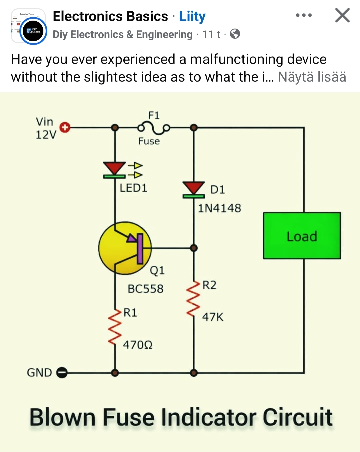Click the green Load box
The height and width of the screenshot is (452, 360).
(302, 236)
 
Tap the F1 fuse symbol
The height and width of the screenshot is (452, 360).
(154, 128)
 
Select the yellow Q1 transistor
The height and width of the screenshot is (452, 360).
(125, 248)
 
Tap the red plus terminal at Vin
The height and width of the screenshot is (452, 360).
(65, 127)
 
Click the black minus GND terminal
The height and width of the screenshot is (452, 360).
(62, 372)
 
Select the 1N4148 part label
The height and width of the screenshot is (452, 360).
(219, 208)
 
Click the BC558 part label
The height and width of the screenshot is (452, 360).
(146, 288)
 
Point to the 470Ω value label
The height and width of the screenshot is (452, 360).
(138, 345)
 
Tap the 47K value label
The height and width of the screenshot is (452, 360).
(213, 317)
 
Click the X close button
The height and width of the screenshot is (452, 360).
(342, 15)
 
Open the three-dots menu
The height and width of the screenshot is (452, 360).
(304, 15)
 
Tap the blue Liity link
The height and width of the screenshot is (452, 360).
(192, 16)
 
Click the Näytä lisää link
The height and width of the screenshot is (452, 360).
(312, 77)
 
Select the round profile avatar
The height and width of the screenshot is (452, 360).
(33, 31)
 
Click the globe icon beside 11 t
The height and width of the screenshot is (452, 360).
(235, 34)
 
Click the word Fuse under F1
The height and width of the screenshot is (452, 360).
(149, 141)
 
